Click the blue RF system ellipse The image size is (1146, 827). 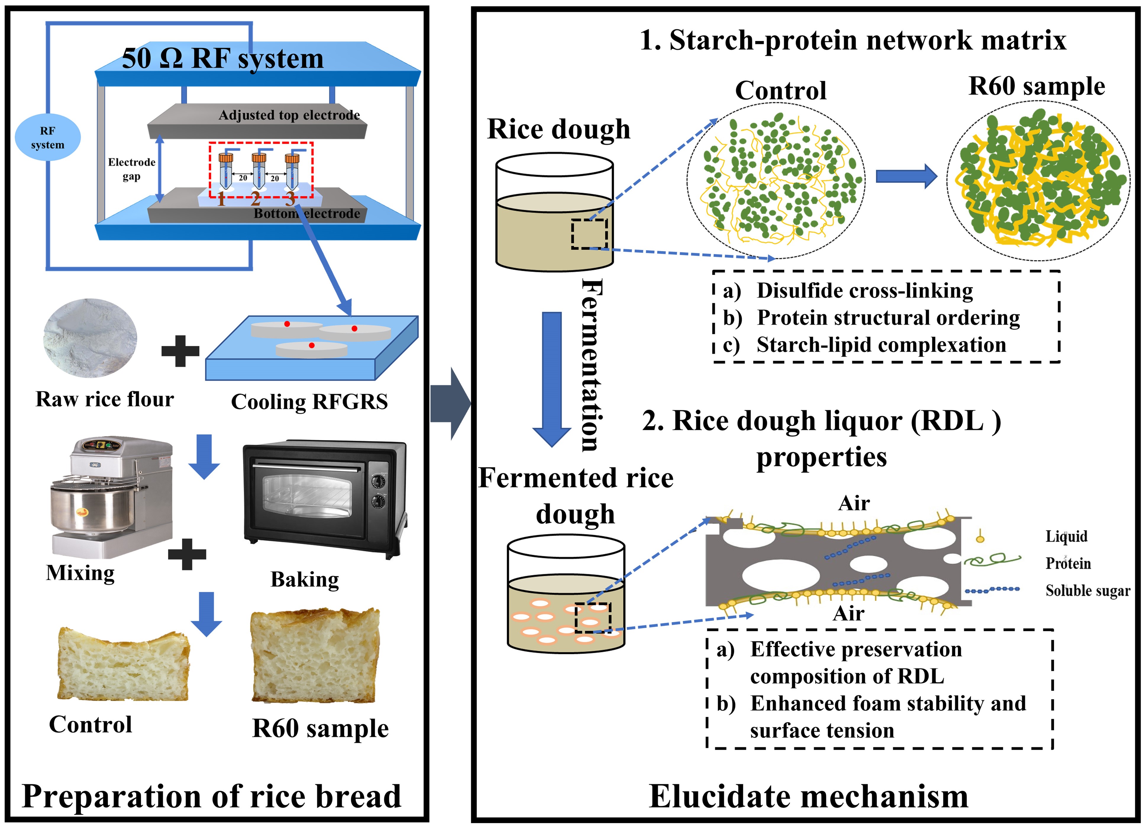(x=48, y=137)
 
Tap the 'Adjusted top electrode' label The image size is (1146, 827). (x=289, y=115)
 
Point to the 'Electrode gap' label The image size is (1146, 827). (x=131, y=169)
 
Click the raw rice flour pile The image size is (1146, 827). (x=90, y=337)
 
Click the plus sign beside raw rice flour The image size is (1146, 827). (x=180, y=351)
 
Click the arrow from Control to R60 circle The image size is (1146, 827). (x=905, y=176)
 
